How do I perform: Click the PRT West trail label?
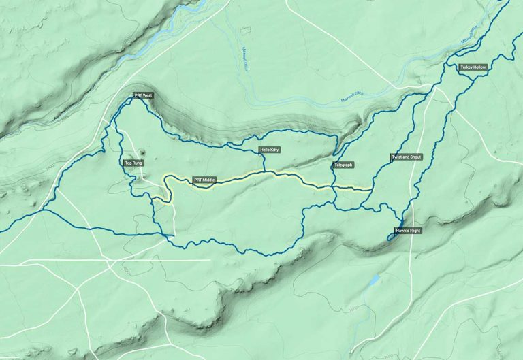[x=143, y=96]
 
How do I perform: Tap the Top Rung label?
[x=133, y=163]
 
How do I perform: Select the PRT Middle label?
[x=204, y=180]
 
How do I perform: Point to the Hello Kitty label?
[x=270, y=150]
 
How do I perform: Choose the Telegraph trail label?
[x=343, y=165]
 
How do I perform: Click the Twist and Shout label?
[x=407, y=157]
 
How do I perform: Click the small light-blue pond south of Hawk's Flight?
[x=373, y=279]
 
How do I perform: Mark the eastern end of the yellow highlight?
[x=371, y=189]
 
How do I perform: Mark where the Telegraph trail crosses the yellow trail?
[x=334, y=186]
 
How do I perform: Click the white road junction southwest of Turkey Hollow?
[x=437, y=88]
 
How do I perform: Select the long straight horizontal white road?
[x=102, y=260]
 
